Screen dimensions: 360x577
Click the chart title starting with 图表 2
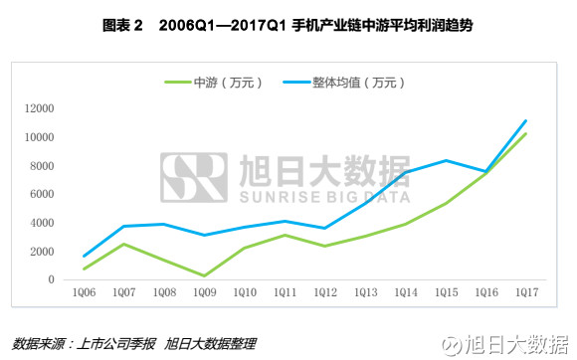288,22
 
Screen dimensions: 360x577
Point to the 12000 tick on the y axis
39,108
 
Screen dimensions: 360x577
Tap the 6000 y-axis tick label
42,194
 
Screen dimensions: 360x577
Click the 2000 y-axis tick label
42,252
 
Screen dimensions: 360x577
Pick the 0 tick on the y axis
51,280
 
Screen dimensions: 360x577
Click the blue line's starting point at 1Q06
85,256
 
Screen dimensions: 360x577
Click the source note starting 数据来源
134,343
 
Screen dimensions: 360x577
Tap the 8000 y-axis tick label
42,166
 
